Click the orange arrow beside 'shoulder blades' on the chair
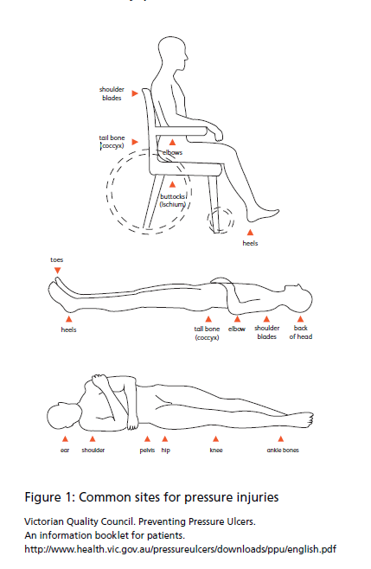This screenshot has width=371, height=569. pyautogui.click(x=135, y=93)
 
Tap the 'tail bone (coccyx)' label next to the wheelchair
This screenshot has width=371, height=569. pyautogui.click(x=112, y=142)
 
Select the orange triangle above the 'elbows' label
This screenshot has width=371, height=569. pyautogui.click(x=172, y=142)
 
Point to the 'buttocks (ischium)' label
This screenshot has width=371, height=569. pyautogui.click(x=173, y=201)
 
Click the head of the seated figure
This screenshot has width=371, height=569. pyautogui.click(x=173, y=55)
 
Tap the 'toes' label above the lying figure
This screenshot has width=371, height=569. pyautogui.click(x=56, y=259)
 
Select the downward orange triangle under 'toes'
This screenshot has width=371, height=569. pyautogui.click(x=57, y=271)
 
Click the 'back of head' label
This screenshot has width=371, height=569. pyautogui.click(x=301, y=332)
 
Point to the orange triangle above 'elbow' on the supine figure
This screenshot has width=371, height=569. pyautogui.click(x=237, y=319)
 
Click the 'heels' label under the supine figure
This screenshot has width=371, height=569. pyautogui.click(x=68, y=329)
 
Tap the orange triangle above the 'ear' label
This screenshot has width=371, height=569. pyautogui.click(x=65, y=439)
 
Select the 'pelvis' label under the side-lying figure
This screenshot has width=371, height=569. pyautogui.click(x=147, y=451)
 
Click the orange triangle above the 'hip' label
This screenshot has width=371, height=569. pyautogui.click(x=165, y=439)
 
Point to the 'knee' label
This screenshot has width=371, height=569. pyautogui.click(x=216, y=450)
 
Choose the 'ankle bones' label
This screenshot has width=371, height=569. pyautogui.click(x=283, y=450)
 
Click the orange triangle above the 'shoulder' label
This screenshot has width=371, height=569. pyautogui.click(x=93, y=439)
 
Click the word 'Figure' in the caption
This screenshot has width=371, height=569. pyautogui.click(x=43, y=497)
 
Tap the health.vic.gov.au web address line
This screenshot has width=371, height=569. pyautogui.click(x=181, y=549)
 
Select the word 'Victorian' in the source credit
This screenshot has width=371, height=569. pyautogui.click(x=41, y=521)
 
